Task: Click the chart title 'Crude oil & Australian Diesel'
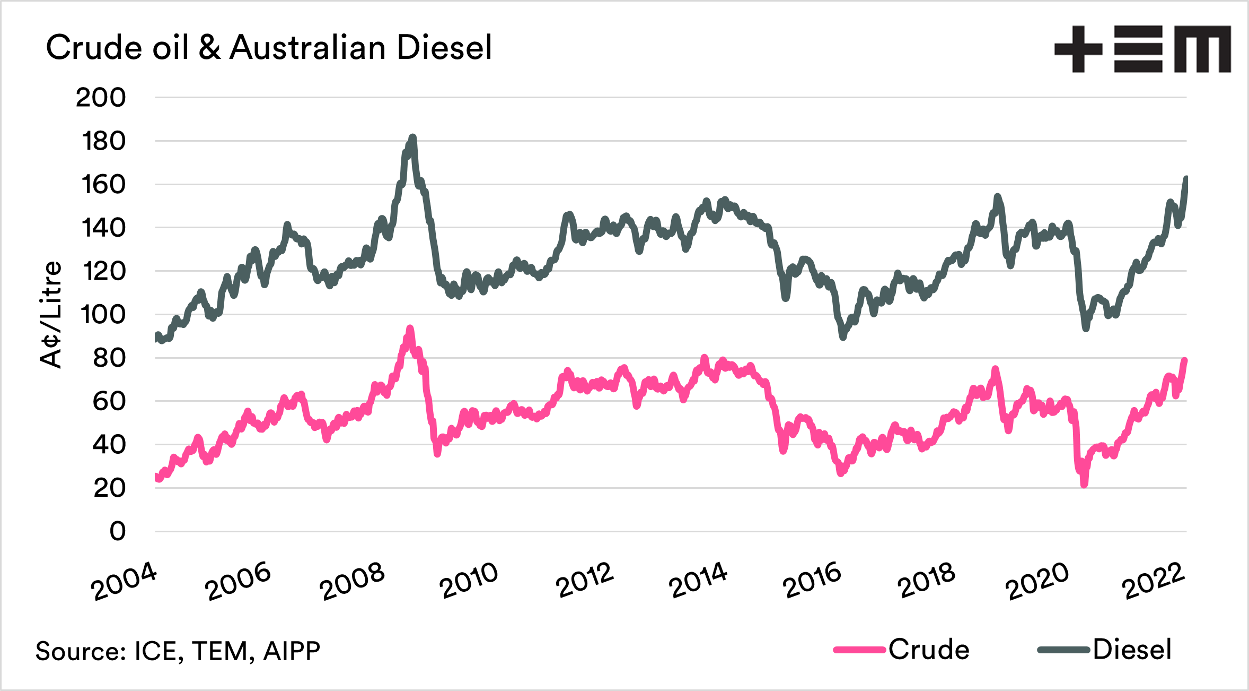point(269,48)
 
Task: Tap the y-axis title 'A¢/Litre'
point(51,314)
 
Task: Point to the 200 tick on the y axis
point(101,98)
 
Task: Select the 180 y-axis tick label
point(103,141)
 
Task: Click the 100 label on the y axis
point(103,315)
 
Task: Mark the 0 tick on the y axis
point(117,531)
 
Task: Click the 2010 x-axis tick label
point(469,581)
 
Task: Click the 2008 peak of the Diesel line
point(413,137)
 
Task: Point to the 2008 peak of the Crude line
point(410,329)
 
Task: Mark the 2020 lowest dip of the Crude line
point(1084,484)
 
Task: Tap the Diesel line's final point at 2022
point(1186,178)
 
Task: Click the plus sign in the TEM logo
point(1078,49)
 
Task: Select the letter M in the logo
point(1202,49)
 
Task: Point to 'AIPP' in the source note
point(292,651)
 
